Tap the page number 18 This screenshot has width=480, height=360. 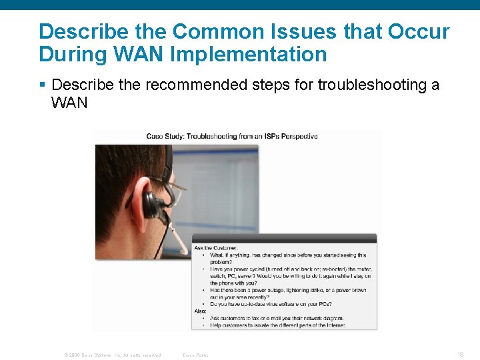pos(460,355)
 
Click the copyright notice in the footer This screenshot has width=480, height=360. pos(113,355)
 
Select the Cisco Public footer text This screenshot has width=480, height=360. pos(196,355)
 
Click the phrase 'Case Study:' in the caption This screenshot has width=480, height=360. pos(165,137)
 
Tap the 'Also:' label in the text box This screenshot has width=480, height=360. pos(201,311)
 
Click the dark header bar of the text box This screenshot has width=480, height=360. pos(284,239)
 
